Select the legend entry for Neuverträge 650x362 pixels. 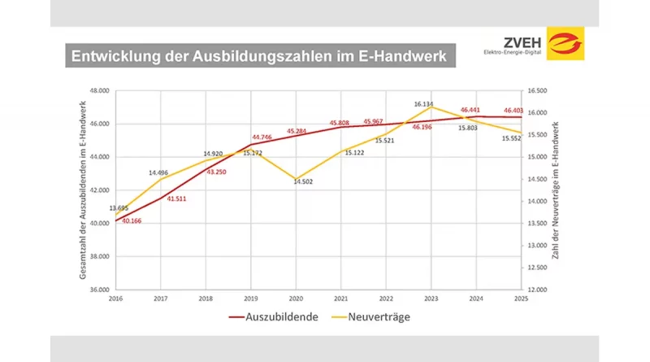374,316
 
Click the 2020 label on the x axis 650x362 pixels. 297,299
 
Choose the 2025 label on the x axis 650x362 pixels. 521,299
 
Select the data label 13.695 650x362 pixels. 119,208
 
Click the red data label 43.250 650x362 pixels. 215,172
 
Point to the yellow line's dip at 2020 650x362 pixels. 297,178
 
